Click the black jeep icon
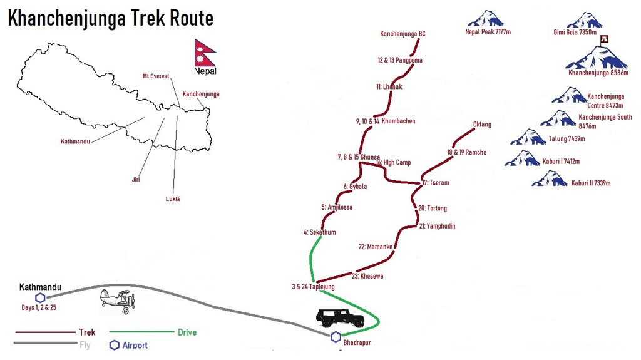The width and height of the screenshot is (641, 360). (x=340, y=318)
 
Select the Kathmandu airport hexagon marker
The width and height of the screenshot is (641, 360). (x=40, y=298)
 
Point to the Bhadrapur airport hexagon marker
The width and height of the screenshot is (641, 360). (x=336, y=337)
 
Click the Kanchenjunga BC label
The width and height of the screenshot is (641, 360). (x=403, y=34)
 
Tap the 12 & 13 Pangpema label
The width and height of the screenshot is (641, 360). (x=400, y=60)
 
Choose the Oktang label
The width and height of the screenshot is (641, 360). (x=482, y=125)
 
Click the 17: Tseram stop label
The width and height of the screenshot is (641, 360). (x=436, y=183)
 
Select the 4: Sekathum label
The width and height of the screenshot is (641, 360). (x=320, y=232)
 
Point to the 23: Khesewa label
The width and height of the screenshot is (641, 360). (x=367, y=276)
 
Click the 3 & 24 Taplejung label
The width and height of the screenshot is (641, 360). (x=313, y=287)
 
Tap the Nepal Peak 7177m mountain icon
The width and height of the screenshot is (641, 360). (x=486, y=18)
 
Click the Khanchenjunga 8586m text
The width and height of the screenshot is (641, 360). (x=598, y=73)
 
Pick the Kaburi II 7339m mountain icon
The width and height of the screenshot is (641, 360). (x=549, y=179)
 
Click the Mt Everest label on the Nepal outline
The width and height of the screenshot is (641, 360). (x=156, y=76)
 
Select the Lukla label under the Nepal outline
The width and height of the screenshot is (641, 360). (x=173, y=199)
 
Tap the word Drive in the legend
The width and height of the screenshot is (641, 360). (x=187, y=332)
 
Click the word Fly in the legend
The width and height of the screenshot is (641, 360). (x=85, y=345)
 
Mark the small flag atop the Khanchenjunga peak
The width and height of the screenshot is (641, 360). (x=604, y=39)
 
